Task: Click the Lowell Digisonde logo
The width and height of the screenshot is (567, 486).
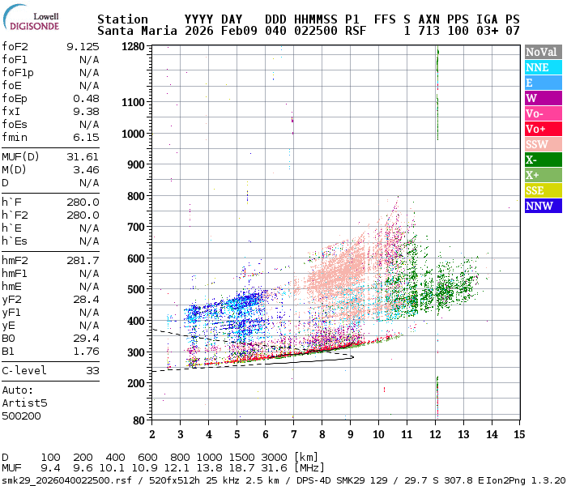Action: [x=31, y=17]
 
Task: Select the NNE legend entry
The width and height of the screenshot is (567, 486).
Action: [x=544, y=67]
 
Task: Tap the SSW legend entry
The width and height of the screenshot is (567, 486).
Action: [x=544, y=145]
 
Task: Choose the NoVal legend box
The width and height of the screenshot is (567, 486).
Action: [x=544, y=52]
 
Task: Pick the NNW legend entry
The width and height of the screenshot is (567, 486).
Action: [x=544, y=206]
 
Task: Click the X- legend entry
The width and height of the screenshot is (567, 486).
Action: [x=544, y=160]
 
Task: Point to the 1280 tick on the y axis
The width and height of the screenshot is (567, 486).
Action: [x=133, y=47]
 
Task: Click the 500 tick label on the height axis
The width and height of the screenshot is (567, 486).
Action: [x=136, y=289]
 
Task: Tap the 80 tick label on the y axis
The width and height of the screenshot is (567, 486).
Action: [x=139, y=420]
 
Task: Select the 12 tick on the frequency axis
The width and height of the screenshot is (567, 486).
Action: [x=435, y=434]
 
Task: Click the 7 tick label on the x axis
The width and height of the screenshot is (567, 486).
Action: [x=293, y=434]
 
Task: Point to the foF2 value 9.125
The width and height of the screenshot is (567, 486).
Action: [x=83, y=47]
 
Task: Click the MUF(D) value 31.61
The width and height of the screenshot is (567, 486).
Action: [x=83, y=156]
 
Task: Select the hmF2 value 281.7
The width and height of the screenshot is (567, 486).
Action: [x=83, y=260]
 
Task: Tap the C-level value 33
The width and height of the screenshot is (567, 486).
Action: [x=92, y=371]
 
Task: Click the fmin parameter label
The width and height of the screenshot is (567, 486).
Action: [x=15, y=138]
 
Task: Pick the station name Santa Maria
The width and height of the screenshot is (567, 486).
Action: [x=138, y=31]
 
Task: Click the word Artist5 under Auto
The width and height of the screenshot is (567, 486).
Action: [x=24, y=403]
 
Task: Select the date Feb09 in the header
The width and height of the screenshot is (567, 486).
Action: [x=239, y=31]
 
